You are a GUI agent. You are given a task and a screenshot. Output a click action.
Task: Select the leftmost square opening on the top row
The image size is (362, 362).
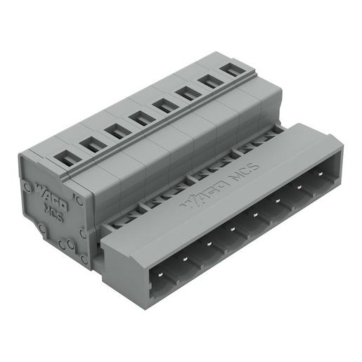65,159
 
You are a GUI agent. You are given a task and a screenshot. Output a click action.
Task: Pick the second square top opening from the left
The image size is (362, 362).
89,145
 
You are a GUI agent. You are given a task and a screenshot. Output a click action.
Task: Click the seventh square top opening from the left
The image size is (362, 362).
207,80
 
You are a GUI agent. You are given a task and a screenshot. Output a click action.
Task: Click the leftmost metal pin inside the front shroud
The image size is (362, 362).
163,274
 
